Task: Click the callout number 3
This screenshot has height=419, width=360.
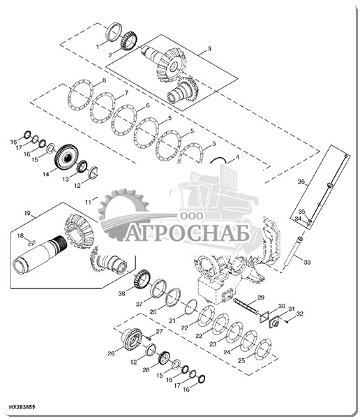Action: click(x=209, y=49)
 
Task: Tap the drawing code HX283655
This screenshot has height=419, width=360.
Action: click(x=22, y=408)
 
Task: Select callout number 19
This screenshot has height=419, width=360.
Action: click(x=27, y=213)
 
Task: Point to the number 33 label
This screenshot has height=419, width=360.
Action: click(x=307, y=262)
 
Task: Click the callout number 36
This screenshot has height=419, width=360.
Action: click(x=301, y=182)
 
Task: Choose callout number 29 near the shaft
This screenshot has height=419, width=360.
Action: click(x=261, y=297)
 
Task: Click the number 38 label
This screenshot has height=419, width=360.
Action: click(x=122, y=294)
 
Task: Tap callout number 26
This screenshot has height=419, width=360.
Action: click(x=111, y=353)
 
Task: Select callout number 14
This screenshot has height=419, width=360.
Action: click(x=46, y=174)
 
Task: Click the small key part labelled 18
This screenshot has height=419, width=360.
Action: click(x=32, y=242)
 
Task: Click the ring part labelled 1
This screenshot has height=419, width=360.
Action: click(x=114, y=32)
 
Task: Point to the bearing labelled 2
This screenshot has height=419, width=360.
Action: click(x=129, y=41)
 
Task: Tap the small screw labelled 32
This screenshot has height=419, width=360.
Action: click(x=286, y=322)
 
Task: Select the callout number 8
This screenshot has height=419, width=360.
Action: click(x=104, y=80)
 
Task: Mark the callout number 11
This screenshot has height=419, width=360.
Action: click(x=88, y=203)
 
